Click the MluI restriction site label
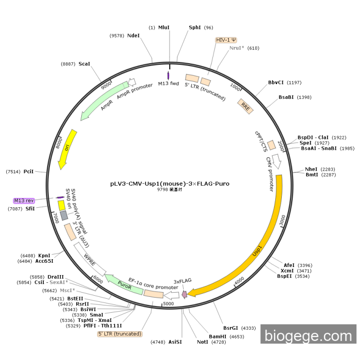coord(164,28)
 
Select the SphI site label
coord(195,28)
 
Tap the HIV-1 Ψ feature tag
coord(226,40)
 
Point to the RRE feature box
coord(245,106)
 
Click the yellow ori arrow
coord(67,149)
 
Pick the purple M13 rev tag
coord(24,201)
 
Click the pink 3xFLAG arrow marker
coord(184,294)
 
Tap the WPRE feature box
coord(90,259)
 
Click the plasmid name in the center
coord(170,184)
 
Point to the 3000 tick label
coord(282,220)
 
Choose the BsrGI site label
coord(230,328)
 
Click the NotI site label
coord(203,342)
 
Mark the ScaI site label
coord(84,64)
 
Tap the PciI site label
coord(28,171)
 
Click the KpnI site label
coord(44,256)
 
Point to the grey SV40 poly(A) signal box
coord(64,215)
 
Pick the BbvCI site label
coord(276,82)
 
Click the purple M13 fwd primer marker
coord(168,76)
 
